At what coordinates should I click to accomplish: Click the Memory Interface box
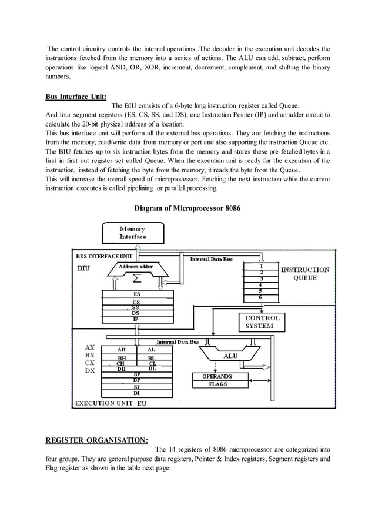(132, 233)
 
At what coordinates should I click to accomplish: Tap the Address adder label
(136, 267)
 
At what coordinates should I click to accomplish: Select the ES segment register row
(136, 294)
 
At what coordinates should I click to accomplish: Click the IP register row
(136, 319)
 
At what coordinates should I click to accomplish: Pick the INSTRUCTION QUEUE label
(305, 274)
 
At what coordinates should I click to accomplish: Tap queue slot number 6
(261, 298)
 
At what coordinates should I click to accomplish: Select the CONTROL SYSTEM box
(262, 321)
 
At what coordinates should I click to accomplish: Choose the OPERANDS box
(217, 376)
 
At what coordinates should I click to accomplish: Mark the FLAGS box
(217, 384)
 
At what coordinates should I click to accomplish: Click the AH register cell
(122, 350)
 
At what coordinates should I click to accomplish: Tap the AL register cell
(152, 350)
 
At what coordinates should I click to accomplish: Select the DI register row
(136, 393)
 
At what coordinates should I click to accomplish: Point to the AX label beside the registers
(90, 348)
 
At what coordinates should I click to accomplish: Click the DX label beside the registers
(90, 371)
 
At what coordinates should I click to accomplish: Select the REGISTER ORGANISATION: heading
(96, 439)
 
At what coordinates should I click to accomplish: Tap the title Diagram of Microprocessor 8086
(187, 208)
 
